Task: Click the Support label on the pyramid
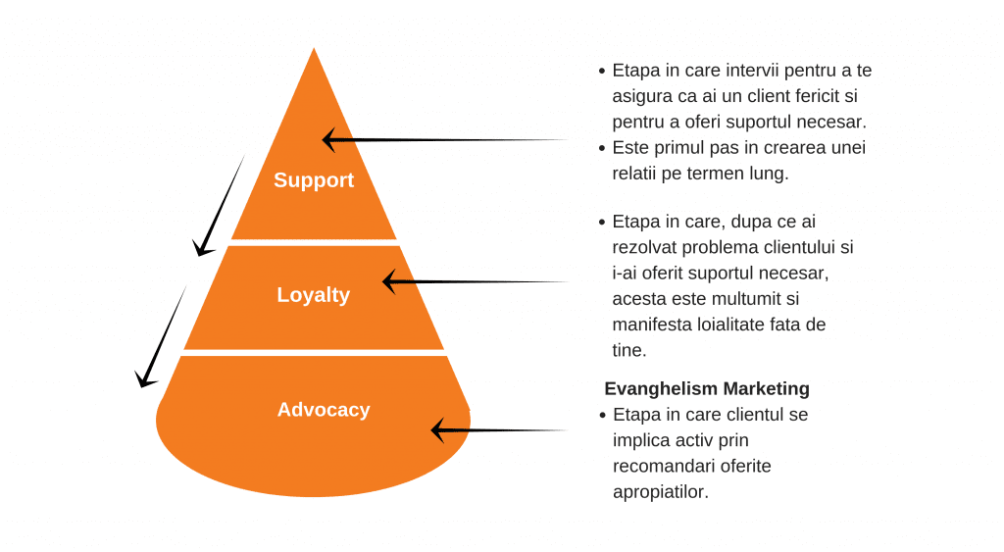(x=314, y=180)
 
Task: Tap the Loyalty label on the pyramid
(x=313, y=295)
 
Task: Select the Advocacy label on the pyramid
(x=324, y=410)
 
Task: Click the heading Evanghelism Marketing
(x=707, y=388)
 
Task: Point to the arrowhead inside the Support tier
(x=328, y=139)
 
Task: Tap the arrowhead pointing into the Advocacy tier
(x=437, y=430)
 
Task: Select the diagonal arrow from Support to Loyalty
(x=219, y=206)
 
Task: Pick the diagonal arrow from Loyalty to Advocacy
(x=161, y=337)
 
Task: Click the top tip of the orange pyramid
(x=314, y=48)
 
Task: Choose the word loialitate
(x=730, y=325)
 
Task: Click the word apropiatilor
(x=661, y=492)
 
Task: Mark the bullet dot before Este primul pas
(x=602, y=149)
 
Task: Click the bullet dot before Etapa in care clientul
(x=603, y=416)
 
